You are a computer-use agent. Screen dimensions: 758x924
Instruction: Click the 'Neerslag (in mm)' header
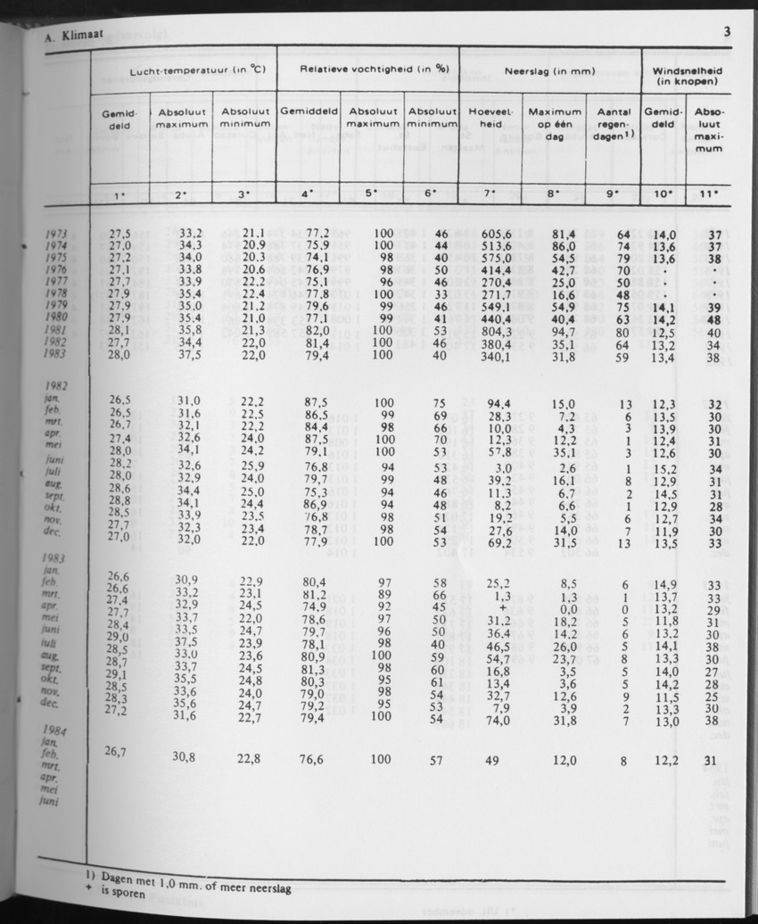click(x=549, y=69)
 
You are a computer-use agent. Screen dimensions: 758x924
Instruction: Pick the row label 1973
click(x=55, y=234)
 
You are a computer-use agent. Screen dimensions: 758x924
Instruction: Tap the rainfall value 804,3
click(x=495, y=328)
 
